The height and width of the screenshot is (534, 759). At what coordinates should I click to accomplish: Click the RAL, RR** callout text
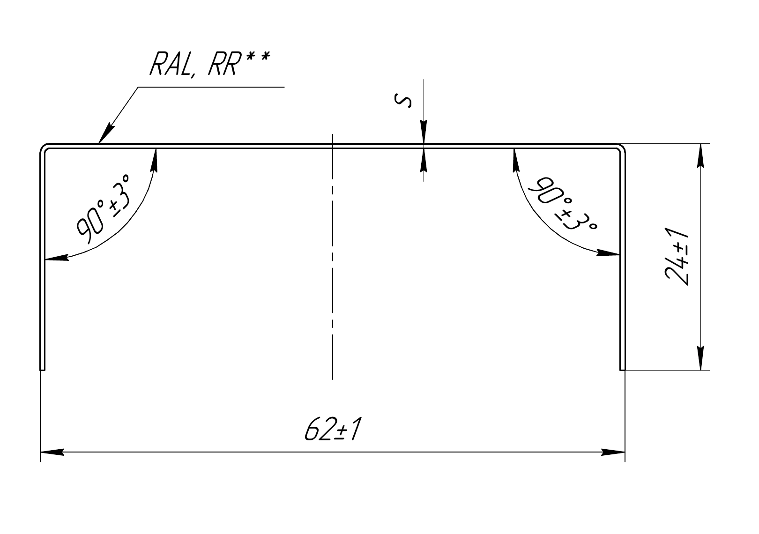coord(210,63)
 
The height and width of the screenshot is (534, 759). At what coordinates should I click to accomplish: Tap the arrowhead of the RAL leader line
coord(106,135)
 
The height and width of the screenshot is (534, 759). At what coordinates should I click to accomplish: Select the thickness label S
coord(403,101)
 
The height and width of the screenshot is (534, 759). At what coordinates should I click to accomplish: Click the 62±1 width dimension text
coord(333,429)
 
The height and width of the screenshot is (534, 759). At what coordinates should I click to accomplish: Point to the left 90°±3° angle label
coord(103,209)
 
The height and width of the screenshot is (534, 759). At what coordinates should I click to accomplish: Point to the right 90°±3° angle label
coord(562,203)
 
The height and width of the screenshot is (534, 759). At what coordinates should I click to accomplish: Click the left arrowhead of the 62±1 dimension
coord(52,452)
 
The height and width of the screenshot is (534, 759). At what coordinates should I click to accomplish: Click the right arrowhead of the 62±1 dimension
coord(613,452)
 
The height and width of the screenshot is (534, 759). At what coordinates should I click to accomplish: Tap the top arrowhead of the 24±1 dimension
coord(701,156)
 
